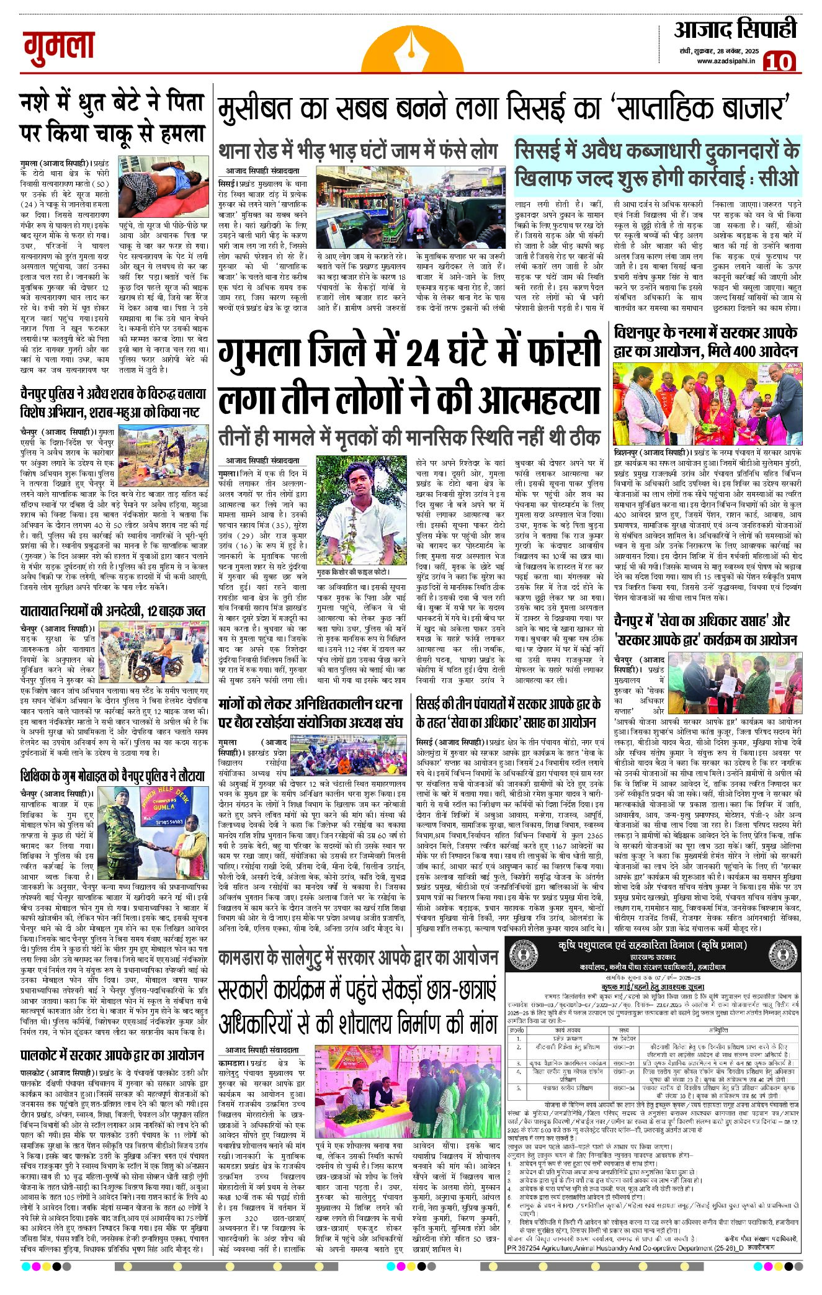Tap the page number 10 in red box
coord(779,62)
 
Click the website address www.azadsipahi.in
coord(725,61)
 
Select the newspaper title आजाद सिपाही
coord(735,30)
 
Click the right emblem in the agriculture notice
coord(781,951)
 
